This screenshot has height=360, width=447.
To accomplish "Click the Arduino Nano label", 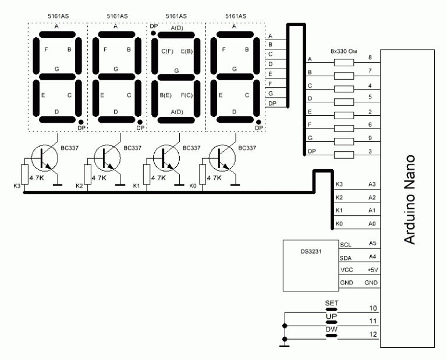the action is tap(410, 199).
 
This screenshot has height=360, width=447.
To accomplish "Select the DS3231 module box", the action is tap(311, 265).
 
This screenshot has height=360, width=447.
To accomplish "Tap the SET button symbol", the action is tap(331, 309).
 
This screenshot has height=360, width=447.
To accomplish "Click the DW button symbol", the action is tap(331, 336).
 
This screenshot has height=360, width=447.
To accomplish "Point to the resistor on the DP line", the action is tap(344, 155).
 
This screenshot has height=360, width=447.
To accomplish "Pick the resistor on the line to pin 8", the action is tap(344, 62).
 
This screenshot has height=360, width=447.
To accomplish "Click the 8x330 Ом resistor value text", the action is tap(344, 52).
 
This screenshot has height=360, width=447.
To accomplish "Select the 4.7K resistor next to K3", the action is tap(25, 174).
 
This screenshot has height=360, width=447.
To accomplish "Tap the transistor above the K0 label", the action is tap(222, 158).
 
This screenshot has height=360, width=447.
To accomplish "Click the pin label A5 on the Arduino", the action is tap(372, 243).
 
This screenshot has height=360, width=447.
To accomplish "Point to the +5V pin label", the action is tap(372, 269).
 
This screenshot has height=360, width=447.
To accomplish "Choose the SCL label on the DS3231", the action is tap(346, 245).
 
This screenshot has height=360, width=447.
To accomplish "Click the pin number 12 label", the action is tap(373, 334).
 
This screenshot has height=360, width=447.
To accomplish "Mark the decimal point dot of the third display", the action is tap(153, 33).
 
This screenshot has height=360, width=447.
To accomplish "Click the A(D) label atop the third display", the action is tap(177, 28).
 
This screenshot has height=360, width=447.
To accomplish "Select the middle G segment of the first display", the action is tap(57, 77).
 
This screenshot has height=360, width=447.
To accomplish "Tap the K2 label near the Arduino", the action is tap(339, 197).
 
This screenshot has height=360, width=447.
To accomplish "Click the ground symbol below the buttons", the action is tap(284, 346).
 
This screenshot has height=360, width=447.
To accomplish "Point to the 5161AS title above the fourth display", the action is tap(236, 16).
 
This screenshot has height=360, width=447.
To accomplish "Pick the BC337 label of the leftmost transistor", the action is tap(70, 148).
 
